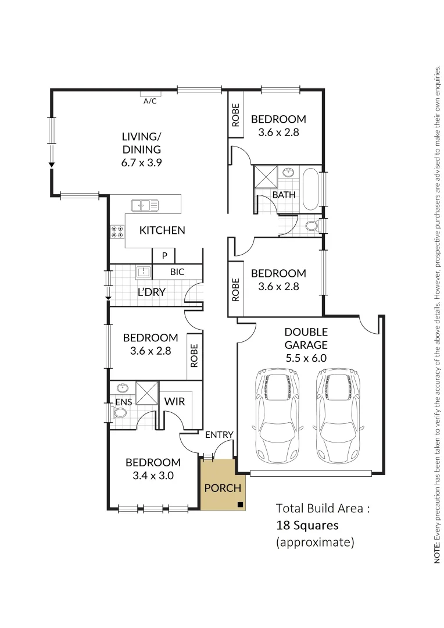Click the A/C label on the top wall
click(x=150, y=101)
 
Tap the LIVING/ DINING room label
click(x=141, y=149)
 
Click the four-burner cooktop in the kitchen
click(x=117, y=231)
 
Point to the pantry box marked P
click(x=164, y=256)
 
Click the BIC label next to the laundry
click(x=178, y=272)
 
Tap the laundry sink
click(x=143, y=272)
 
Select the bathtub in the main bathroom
click(x=310, y=189)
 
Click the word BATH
click(x=284, y=195)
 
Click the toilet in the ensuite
click(x=120, y=412)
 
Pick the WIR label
click(x=175, y=401)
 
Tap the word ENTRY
click(x=219, y=434)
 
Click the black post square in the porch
click(x=240, y=504)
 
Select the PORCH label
click(x=222, y=487)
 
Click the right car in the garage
click(x=338, y=415)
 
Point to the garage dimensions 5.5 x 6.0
click(x=306, y=358)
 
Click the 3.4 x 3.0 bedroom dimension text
click(x=153, y=474)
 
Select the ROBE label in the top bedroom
click(x=236, y=115)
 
